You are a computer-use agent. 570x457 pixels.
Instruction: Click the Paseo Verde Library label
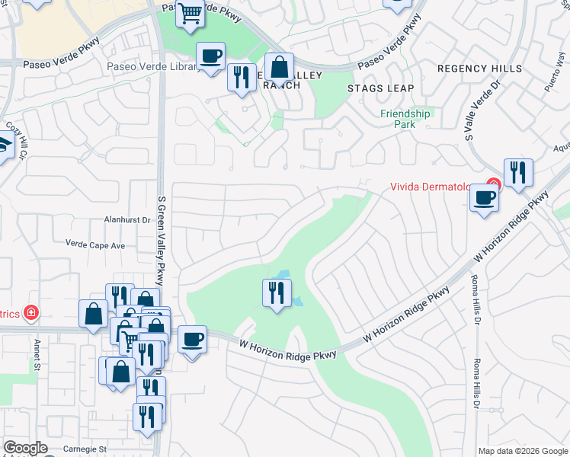pos(152,67)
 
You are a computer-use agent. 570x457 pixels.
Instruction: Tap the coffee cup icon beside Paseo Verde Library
pos(210,56)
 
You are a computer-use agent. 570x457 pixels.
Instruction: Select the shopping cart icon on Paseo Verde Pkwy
pos(191,13)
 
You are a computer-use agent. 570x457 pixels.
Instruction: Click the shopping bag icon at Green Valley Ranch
pos(280,68)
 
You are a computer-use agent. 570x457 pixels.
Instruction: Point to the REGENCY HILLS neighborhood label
pos(480,69)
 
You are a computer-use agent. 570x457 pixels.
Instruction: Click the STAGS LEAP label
pos(380,88)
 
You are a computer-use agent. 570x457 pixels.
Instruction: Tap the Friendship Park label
pos(405,119)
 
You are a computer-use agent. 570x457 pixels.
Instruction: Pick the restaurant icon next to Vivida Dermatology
pos(518,172)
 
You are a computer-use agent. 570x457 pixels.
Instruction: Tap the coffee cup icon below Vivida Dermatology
pos(483,199)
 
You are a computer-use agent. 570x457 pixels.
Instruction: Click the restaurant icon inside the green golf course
pos(277,293)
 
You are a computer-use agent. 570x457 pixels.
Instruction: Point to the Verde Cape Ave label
pos(95,246)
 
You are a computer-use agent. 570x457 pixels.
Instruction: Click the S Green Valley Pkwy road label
pos(161,236)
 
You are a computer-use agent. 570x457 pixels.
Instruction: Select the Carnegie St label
pos(85,449)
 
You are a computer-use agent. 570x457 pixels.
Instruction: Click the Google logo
pos(25,448)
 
